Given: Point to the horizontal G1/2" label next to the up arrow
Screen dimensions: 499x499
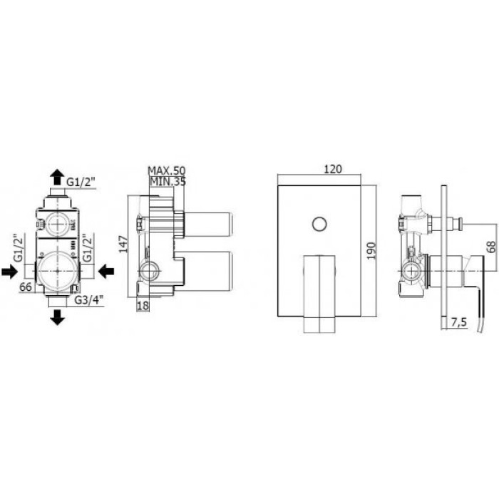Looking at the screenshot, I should click(x=82, y=182).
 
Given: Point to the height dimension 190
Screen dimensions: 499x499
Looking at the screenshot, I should click(x=370, y=249).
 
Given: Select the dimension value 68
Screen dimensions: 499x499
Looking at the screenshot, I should click(x=491, y=247).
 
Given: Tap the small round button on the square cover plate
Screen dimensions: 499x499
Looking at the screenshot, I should click(x=318, y=226).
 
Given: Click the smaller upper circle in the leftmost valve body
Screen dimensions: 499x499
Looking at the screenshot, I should click(x=57, y=223).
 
